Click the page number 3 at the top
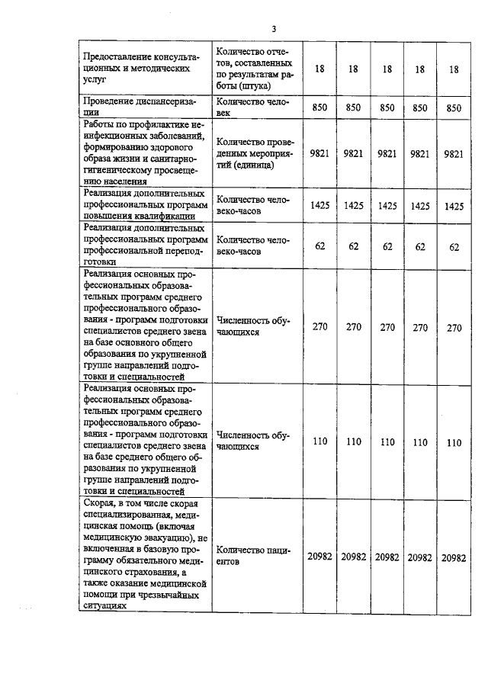coord(274,29)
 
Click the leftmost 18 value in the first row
coord(319,69)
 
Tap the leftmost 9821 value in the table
coord(319,153)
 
